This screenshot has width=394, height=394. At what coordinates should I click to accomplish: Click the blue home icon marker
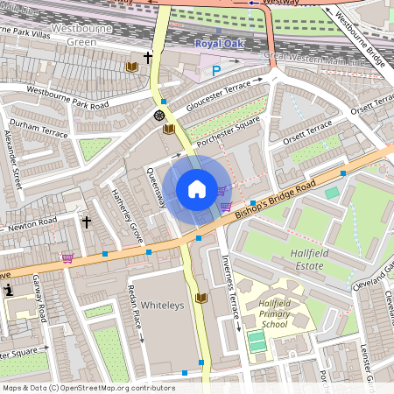click(197, 189)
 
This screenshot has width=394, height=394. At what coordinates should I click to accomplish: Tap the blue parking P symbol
click(216, 71)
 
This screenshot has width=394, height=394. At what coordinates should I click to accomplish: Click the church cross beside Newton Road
click(87, 222)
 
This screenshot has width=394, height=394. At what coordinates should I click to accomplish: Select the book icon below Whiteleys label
click(201, 299)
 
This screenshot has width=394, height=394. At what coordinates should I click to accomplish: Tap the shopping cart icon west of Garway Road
click(67, 258)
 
